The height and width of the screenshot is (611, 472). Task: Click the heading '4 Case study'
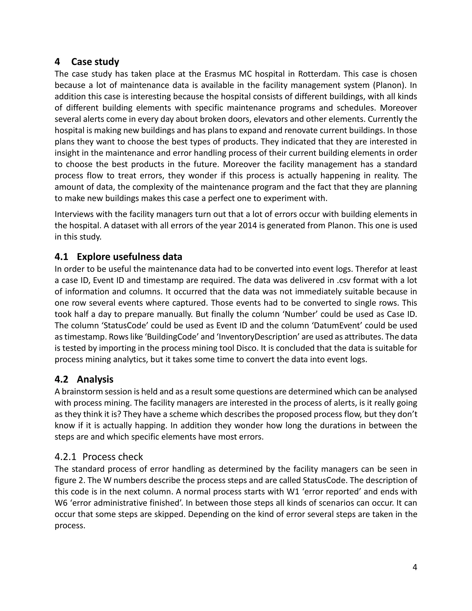pos(87,62)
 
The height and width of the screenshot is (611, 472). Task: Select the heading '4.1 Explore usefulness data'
pos(118,257)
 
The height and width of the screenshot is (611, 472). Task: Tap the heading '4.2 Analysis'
pos(84,379)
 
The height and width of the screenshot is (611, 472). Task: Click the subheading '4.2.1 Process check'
pos(99,457)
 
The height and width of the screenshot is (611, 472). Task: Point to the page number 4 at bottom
pos(415,567)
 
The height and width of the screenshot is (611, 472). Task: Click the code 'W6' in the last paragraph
pos(61,503)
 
